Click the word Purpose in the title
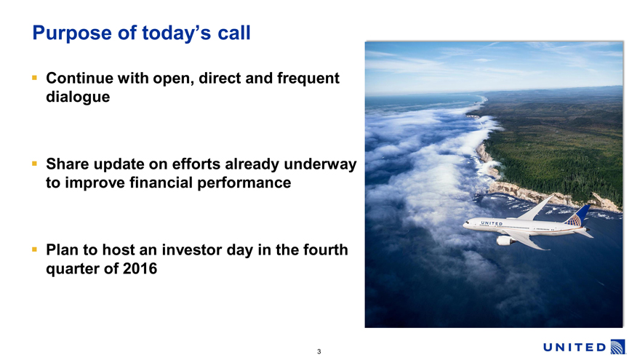click(x=72, y=33)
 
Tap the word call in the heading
click(x=234, y=33)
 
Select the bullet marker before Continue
click(x=34, y=77)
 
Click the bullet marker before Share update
click(x=34, y=163)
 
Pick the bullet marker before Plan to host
click(x=34, y=249)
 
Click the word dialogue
click(x=78, y=97)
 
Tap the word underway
click(x=320, y=164)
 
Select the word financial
click(x=161, y=183)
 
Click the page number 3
click(x=319, y=351)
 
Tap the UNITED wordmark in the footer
click(x=575, y=348)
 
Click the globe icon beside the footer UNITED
click(x=617, y=347)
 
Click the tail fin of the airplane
click(x=578, y=215)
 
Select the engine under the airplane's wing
click(x=505, y=241)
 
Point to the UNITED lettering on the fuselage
click(x=492, y=223)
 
